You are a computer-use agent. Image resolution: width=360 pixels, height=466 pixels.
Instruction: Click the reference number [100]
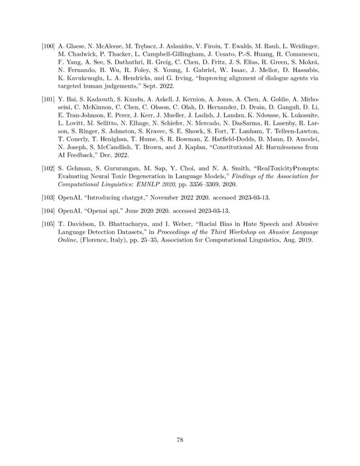pos(48,46)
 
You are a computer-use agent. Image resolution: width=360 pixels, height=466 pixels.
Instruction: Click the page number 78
pos(180,440)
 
